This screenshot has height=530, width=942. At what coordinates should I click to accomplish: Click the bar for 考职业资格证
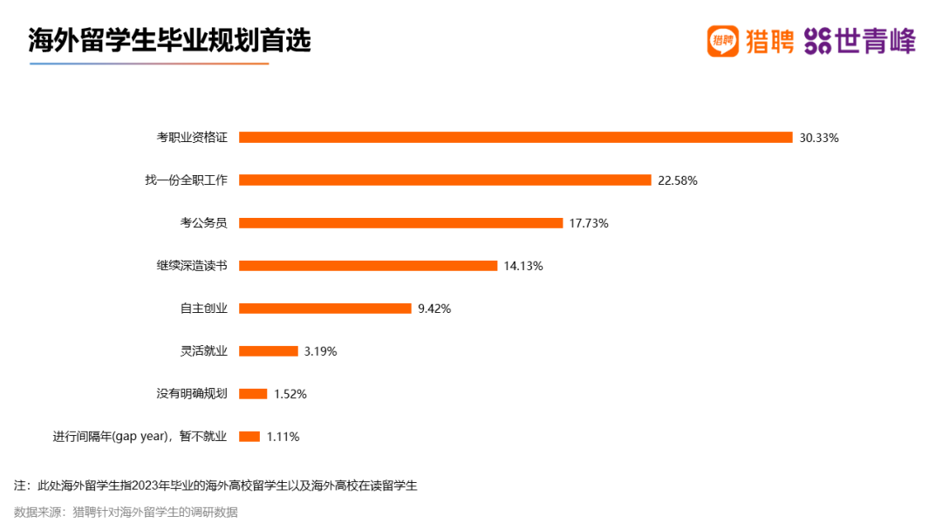(x=515, y=137)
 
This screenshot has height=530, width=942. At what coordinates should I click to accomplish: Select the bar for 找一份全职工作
(x=445, y=180)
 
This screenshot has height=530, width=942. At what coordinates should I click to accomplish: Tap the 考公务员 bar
(x=400, y=222)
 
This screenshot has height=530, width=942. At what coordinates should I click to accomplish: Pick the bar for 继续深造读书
(x=368, y=265)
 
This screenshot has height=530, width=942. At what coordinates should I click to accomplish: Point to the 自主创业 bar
(x=324, y=308)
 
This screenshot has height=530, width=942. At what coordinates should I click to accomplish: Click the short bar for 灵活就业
(x=268, y=350)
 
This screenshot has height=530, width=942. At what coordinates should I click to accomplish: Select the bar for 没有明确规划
(x=253, y=393)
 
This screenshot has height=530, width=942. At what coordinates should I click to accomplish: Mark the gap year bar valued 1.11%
(x=249, y=436)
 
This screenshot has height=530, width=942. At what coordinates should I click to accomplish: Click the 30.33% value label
(x=819, y=138)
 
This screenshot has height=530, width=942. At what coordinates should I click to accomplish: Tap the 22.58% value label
(x=678, y=180)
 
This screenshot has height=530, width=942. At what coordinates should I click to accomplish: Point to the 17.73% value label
(x=589, y=223)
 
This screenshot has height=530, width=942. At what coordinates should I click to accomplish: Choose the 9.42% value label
(x=434, y=309)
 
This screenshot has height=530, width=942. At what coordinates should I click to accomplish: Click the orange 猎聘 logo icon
(x=722, y=41)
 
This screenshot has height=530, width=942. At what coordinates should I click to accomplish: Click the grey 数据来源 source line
(x=126, y=512)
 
